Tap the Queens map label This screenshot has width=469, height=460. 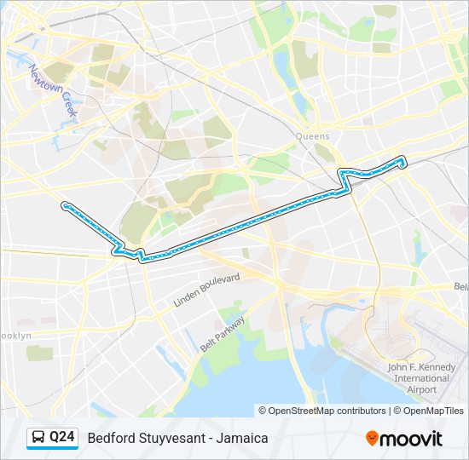[312, 136]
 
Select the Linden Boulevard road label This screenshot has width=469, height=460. [207, 290]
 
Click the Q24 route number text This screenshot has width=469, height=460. [61, 438]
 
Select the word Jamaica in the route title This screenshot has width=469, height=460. [243, 438]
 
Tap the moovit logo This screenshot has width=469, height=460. [404, 439]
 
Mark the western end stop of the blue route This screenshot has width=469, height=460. [65, 204]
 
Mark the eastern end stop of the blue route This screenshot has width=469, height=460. [402, 158]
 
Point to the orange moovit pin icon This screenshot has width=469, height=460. [372, 439]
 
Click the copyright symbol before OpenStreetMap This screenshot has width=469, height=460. [263, 411]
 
